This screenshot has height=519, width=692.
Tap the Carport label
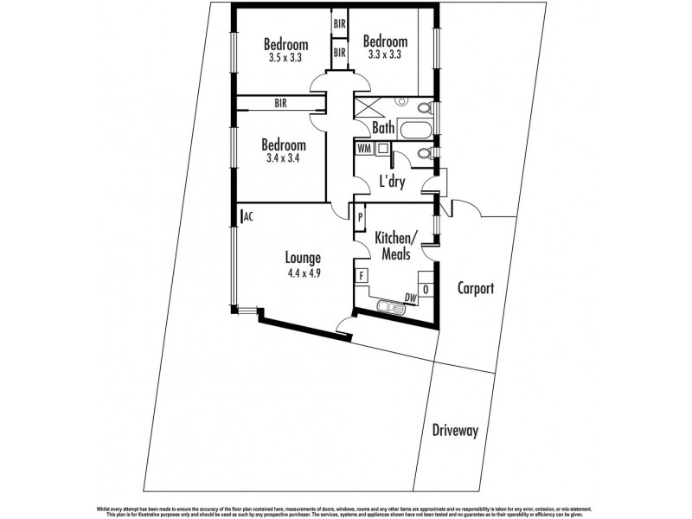(475, 289)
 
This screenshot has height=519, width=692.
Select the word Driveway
(458, 430)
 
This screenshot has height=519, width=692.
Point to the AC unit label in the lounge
(247, 216)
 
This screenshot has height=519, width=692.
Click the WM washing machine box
(363, 148)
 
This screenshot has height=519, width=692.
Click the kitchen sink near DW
(392, 305)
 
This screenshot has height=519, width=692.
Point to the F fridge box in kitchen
(362, 278)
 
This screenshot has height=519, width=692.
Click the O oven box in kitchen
(425, 288)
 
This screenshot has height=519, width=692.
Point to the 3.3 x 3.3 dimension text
(386, 54)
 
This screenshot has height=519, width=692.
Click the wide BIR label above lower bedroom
(280, 103)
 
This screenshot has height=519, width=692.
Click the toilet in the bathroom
(423, 111)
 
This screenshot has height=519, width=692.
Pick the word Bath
(383, 128)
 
